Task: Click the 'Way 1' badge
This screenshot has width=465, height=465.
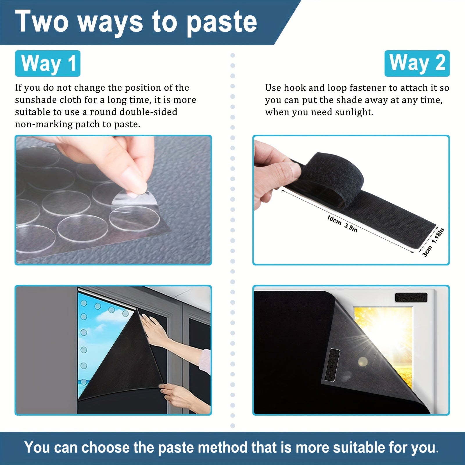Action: point(48,63)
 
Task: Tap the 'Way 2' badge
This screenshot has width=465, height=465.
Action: point(417,63)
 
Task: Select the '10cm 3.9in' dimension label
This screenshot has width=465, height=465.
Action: point(342,224)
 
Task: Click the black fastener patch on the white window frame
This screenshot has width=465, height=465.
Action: point(411,297)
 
